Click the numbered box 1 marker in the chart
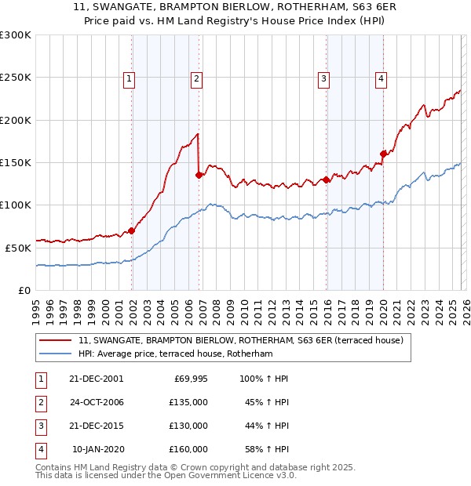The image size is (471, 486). (129, 78)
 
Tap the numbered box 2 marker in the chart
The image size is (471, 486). (195, 78)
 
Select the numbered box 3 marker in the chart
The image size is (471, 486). (323, 78)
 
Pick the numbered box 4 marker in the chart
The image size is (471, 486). (380, 78)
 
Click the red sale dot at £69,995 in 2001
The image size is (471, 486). (132, 230)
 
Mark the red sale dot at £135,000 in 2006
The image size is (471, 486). (199, 176)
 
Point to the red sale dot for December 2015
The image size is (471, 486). (326, 180)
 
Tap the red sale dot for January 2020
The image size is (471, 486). (383, 154)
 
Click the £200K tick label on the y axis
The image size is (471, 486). (16, 120)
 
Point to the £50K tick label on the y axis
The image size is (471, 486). (18, 247)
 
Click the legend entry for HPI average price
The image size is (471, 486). (175, 354)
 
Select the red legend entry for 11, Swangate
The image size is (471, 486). (241, 340)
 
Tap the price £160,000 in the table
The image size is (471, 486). (188, 449)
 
